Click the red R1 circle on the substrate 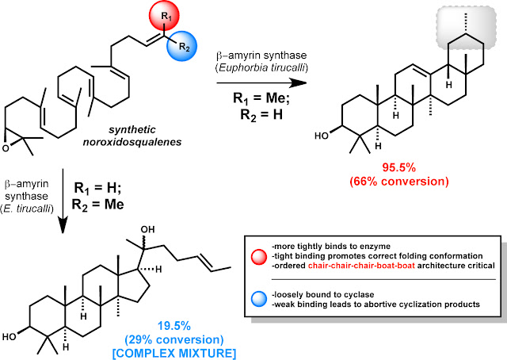(164, 16)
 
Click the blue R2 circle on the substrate (182, 46)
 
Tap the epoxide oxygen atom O (6, 148)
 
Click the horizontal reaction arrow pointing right (261, 83)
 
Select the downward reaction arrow (63, 201)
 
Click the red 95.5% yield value (399, 167)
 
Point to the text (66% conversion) (399, 182)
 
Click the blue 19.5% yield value (174, 326)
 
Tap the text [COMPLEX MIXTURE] (174, 353)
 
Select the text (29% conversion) (174, 339)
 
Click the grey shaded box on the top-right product (467, 29)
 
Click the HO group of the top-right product (322, 136)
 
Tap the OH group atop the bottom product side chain (147, 229)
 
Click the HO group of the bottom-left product (10, 337)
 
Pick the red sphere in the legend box (259, 256)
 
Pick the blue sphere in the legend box (259, 298)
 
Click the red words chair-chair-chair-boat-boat (361, 266)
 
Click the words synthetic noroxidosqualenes (132, 136)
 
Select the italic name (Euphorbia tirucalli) (261, 68)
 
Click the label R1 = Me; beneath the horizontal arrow (261, 98)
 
